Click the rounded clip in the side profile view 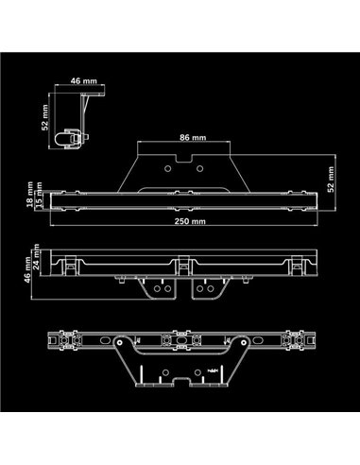coord(69,136)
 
